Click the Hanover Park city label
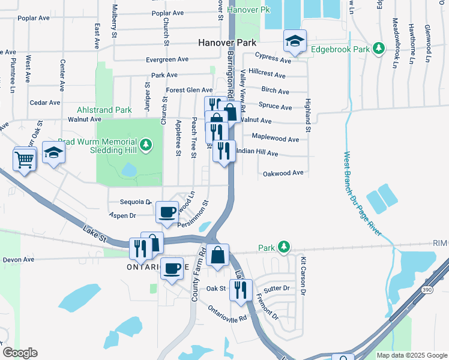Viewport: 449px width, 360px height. point(228,43)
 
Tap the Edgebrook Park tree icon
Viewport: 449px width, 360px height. point(378,48)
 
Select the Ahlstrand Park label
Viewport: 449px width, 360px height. point(104,110)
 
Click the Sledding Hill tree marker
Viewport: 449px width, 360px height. point(145,144)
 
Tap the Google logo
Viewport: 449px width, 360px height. point(20,353)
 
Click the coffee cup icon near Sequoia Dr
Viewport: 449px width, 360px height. point(167,211)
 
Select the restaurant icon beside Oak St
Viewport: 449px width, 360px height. point(240,290)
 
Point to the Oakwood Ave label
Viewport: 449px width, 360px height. point(283,173)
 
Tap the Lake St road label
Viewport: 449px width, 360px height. point(94,233)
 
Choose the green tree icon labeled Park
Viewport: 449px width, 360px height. point(284,247)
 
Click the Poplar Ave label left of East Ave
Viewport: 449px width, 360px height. point(34,18)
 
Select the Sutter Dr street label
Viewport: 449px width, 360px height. point(276,289)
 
